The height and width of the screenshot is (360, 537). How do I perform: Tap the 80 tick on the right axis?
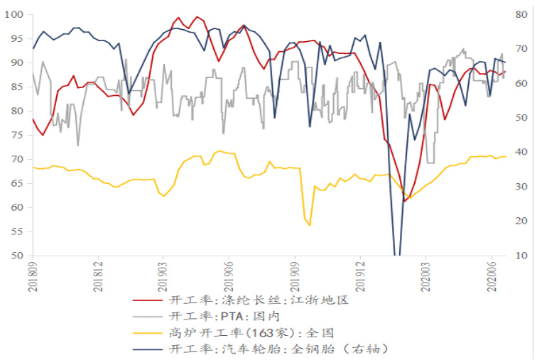tap(519, 14)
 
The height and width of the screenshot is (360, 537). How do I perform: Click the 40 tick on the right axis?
tap(519, 152)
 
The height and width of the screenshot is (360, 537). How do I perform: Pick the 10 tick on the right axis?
tap(519, 256)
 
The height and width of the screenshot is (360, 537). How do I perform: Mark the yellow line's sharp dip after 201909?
tap(310, 225)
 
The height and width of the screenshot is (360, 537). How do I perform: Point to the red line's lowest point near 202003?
tap(404, 201)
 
